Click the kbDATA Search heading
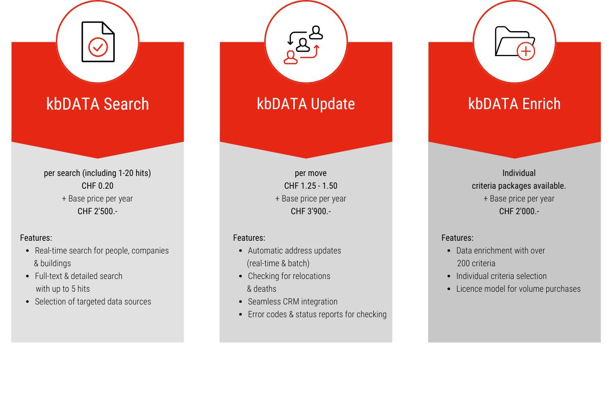pos(97,104)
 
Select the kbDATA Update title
pos(305,104)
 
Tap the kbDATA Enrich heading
pos(514,104)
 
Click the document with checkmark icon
pos(98,42)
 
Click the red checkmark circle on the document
pos(98,47)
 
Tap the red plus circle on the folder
pos(526,52)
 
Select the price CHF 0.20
pos(97,186)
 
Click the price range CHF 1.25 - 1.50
pos(311,186)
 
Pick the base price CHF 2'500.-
pos(97,211)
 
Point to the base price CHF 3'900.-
pos(311,211)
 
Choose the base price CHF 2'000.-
pos(519,211)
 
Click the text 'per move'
pos(311,173)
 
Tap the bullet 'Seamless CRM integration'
pos(293,301)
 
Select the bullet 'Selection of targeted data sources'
pos(93,301)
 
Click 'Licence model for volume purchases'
pos(518,289)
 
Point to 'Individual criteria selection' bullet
pos(501,276)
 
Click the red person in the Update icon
pos(290,58)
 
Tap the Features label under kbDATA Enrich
pos(457,238)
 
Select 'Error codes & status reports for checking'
pos(317,314)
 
